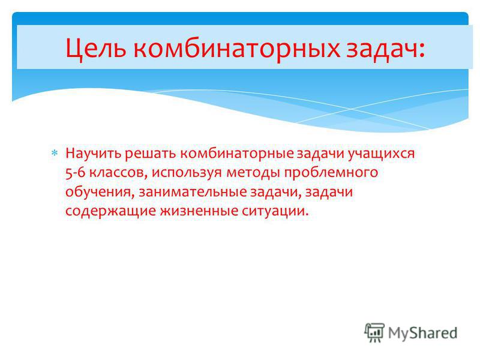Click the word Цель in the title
pos(96,49)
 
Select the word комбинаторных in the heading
pos(236,49)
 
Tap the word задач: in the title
pos(386,49)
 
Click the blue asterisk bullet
pos(55,153)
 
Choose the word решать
pos(151,154)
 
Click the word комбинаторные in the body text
pos(236,153)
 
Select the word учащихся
pos(382,154)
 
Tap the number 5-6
pos(76,173)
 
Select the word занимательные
pos(193,192)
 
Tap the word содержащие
pos(111,212)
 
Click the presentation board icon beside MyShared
pos(374,332)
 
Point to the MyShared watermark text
pos(422,333)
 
